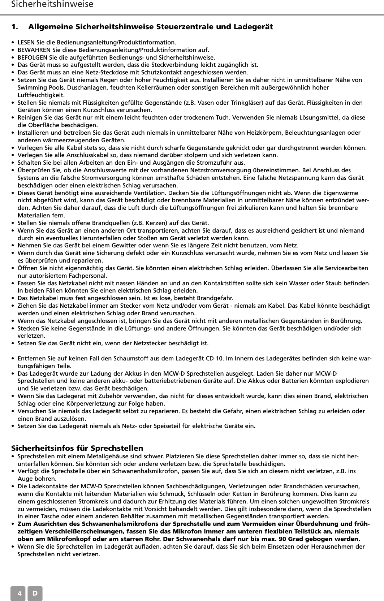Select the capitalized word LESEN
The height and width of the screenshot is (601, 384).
click(x=26, y=42)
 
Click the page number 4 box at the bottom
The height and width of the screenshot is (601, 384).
click(x=18, y=593)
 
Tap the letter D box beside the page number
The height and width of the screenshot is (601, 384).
click(x=35, y=593)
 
